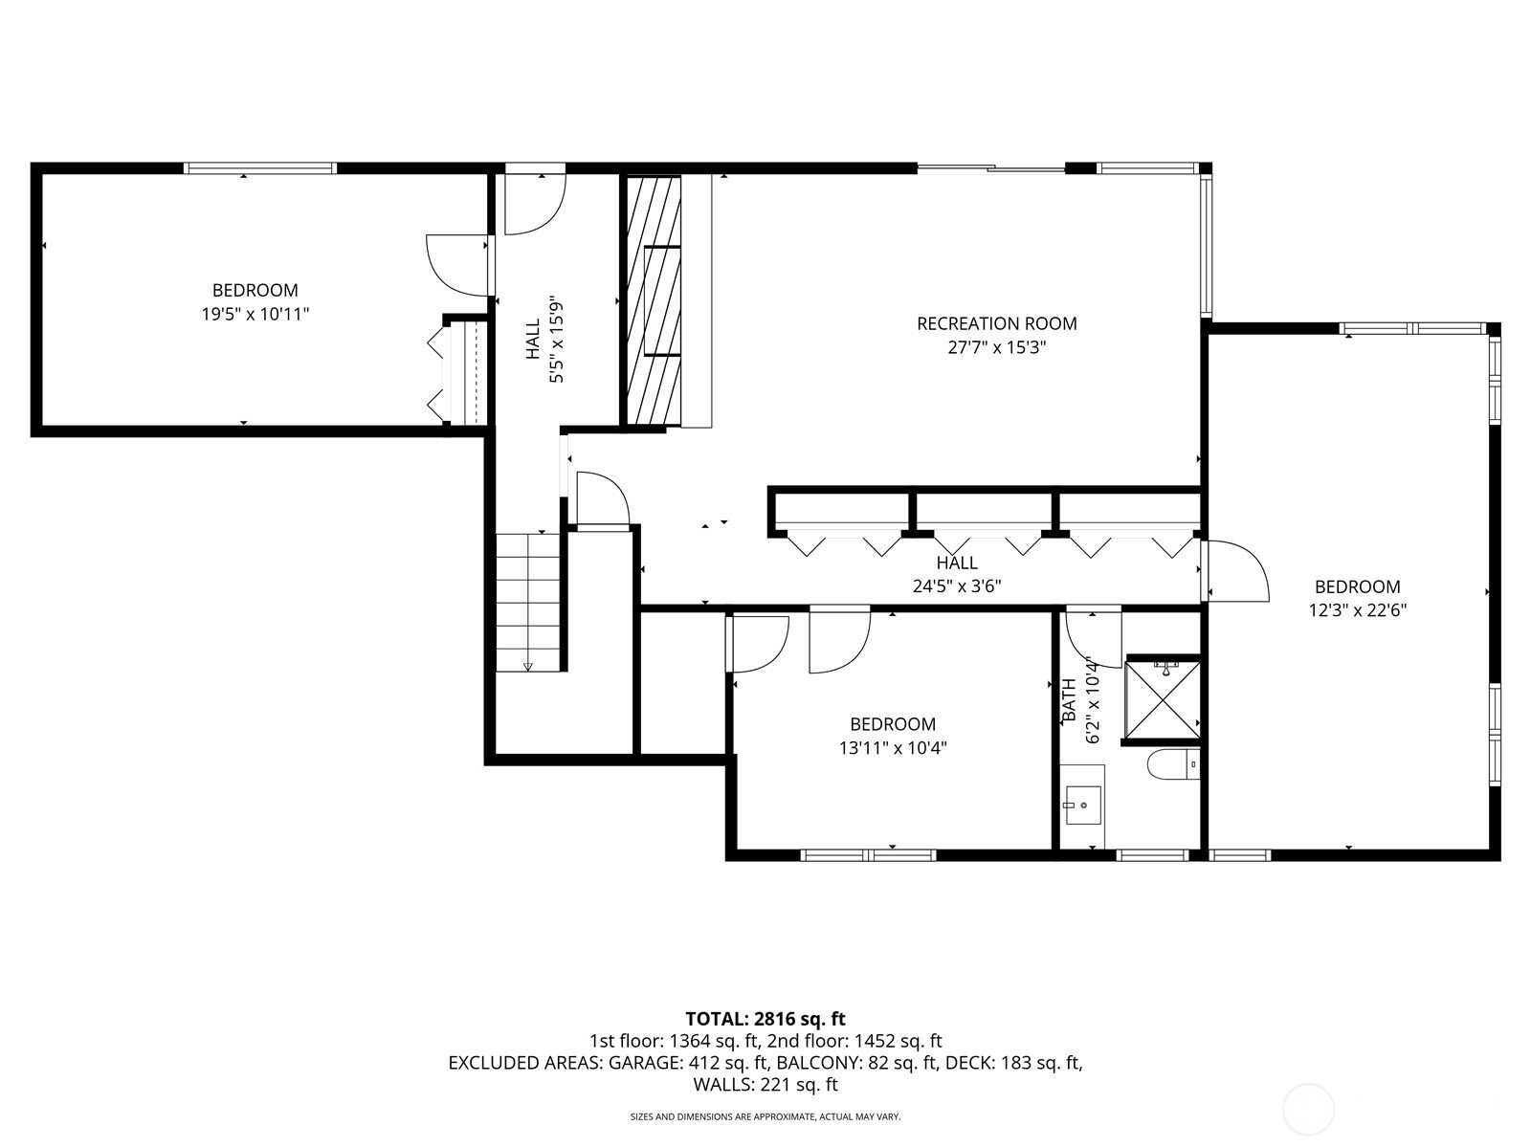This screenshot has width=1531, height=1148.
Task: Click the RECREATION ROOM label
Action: pos(997,323)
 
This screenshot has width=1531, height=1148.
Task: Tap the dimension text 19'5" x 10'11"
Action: pos(255,315)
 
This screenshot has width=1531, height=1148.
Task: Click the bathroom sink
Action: pos(1083,806)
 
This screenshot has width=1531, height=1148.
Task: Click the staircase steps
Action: pos(528,603)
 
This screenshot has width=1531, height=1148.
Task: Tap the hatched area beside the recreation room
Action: pos(653,300)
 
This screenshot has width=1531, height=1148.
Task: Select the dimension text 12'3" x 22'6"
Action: pos(1357,610)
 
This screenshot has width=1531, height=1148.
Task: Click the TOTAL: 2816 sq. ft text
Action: pos(765,1019)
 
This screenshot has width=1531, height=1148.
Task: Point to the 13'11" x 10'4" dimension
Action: pos(893,748)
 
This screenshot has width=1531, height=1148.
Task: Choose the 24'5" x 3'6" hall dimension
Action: pos(957,586)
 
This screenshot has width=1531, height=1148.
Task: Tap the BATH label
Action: pos(1069,699)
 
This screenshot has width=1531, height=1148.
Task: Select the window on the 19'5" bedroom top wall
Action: pos(260,168)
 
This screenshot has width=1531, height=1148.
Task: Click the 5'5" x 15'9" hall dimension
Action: pos(556,341)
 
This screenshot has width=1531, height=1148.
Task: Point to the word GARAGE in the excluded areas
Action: pos(646,1062)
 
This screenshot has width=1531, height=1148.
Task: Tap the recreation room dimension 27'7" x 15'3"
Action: pos(997,347)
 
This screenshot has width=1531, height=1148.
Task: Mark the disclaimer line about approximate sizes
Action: pos(765,1116)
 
